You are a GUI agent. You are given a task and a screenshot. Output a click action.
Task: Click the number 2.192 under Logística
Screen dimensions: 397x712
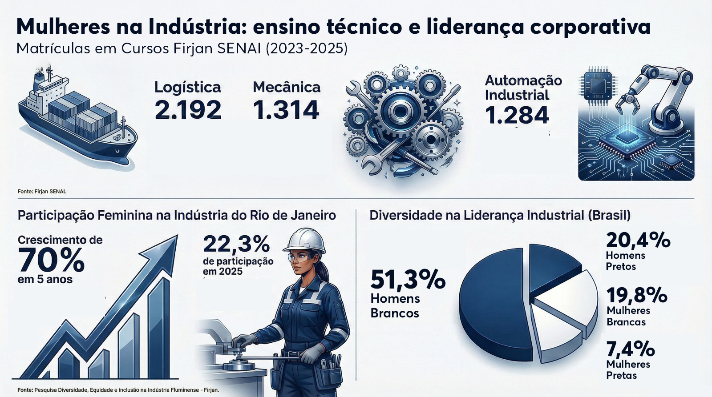(x=188, y=110)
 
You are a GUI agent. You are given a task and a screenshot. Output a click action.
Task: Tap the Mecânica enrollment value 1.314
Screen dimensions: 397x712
(x=286, y=110)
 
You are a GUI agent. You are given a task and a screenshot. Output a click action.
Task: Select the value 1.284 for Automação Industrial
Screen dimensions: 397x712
(x=517, y=116)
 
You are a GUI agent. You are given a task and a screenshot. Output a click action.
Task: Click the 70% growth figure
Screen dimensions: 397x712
(x=51, y=261)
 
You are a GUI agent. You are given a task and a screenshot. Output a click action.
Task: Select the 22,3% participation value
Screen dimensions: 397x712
(x=236, y=244)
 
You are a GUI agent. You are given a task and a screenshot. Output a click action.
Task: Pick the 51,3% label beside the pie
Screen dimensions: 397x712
(x=407, y=280)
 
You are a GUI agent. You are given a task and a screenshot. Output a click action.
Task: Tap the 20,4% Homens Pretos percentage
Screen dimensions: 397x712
(x=638, y=241)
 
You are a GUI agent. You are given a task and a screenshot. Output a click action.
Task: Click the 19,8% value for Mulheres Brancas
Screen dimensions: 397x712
(x=637, y=295)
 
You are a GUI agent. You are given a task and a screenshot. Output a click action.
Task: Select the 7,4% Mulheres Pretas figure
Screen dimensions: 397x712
(x=630, y=349)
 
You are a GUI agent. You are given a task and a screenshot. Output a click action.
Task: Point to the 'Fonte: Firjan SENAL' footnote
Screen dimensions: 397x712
(x=42, y=192)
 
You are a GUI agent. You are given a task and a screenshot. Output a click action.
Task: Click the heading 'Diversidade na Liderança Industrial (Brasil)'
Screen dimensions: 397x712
(x=500, y=216)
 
